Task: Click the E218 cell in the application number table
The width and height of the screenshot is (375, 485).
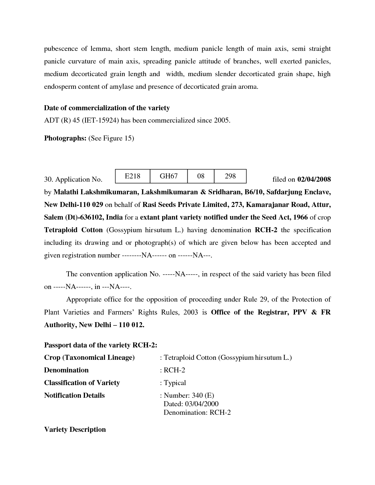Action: [132, 176]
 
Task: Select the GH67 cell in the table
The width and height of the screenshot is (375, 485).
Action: [169, 176]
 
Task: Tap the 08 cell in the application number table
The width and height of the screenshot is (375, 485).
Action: [201, 176]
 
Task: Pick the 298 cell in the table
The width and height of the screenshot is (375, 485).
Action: [230, 176]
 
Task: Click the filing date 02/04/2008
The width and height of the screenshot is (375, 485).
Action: [314, 179]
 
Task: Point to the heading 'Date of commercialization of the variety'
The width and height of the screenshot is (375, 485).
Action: [107, 108]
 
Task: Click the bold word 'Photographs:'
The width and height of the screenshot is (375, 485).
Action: [65, 138]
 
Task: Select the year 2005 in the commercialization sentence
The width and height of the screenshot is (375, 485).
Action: [221, 121]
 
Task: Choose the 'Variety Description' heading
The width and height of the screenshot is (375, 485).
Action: [75, 429]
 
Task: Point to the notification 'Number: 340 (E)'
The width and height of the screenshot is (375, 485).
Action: [189, 395]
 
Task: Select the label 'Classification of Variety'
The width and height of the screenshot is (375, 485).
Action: [82, 383]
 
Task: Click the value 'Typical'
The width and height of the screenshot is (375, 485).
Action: [175, 383]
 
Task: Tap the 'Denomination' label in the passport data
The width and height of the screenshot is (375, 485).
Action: [66, 370]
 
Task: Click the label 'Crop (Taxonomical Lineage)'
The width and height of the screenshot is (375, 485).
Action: [89, 357]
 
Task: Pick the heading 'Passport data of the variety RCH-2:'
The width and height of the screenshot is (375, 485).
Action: [101, 345]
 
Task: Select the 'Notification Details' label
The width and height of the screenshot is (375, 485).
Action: [74, 395]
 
